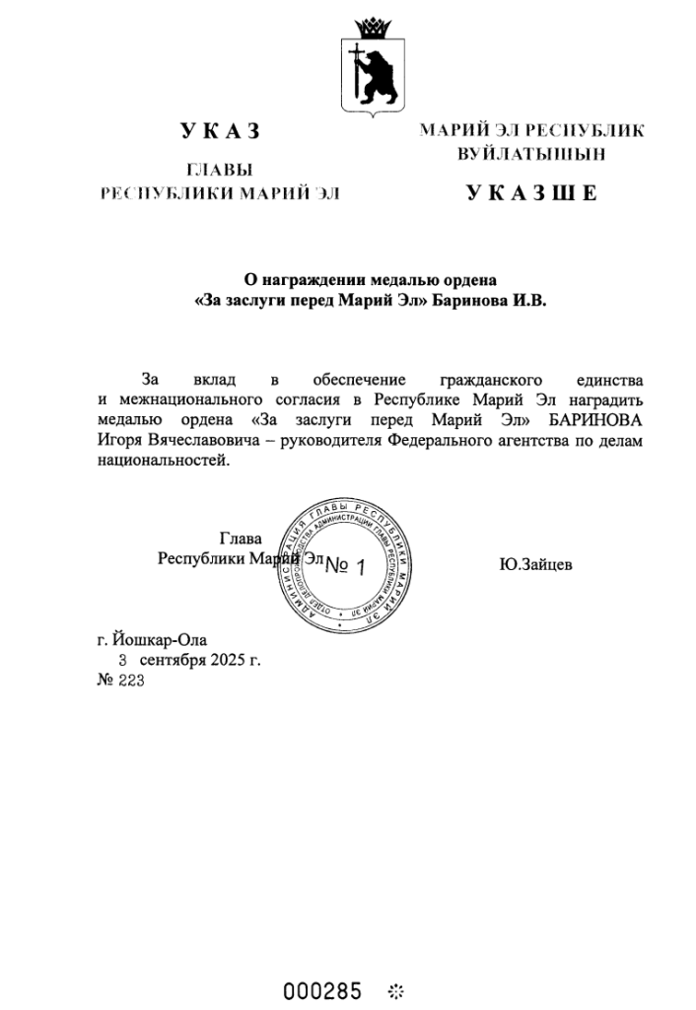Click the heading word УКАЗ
coord(220,130)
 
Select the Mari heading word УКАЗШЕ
coord(531,192)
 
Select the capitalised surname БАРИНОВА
coord(596,420)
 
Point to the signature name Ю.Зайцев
coord(536,564)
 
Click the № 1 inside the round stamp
coord(346,566)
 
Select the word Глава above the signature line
coord(241,539)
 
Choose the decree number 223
coord(131,680)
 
